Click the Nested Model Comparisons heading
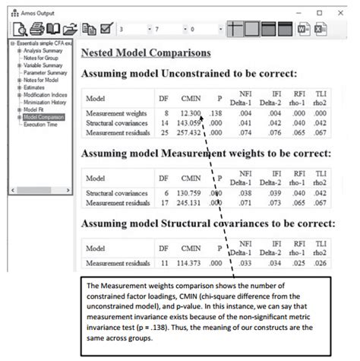pyautogui.click(x=146, y=53)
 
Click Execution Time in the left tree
pyautogui.click(x=42, y=124)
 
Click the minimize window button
pyautogui.click(x=296, y=13)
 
